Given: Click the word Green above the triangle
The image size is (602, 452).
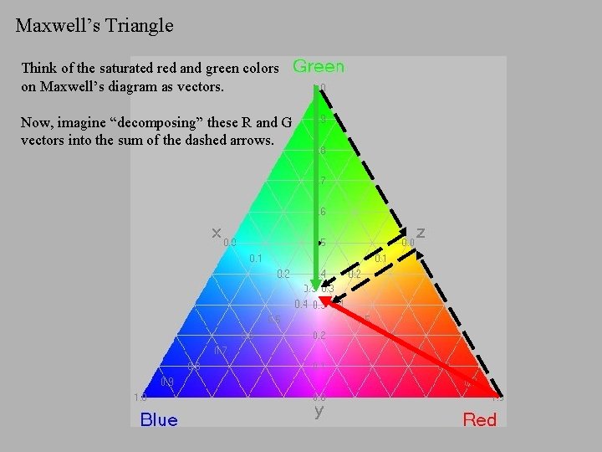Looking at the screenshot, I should tap(319, 66).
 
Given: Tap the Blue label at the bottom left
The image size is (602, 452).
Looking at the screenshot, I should tap(159, 419).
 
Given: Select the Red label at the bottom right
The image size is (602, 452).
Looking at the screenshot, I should tap(480, 419).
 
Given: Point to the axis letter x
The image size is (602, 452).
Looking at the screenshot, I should tap(217, 232).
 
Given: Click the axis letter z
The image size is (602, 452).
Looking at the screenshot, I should tap(421, 232).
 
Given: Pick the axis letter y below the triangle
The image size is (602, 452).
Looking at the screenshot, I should tap(319, 411).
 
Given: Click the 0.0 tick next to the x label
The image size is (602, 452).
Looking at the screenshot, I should tap(230, 242).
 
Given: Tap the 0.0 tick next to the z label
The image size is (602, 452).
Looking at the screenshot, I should tap(408, 242).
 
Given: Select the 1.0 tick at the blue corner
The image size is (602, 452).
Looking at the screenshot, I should tap(140, 397).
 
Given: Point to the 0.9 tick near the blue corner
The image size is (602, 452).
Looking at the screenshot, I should tap(167, 382).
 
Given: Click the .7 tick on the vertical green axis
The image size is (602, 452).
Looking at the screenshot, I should tap(322, 181).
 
